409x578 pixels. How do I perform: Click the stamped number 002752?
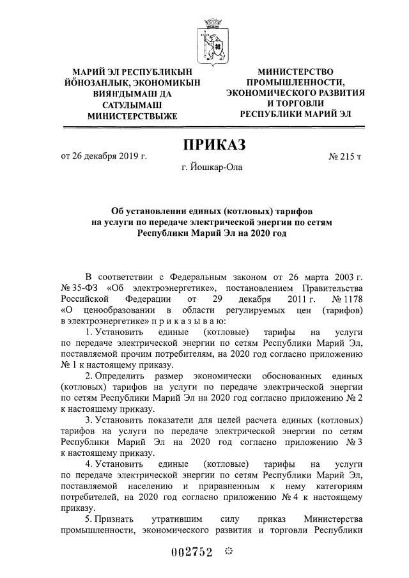coord(190,552)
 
